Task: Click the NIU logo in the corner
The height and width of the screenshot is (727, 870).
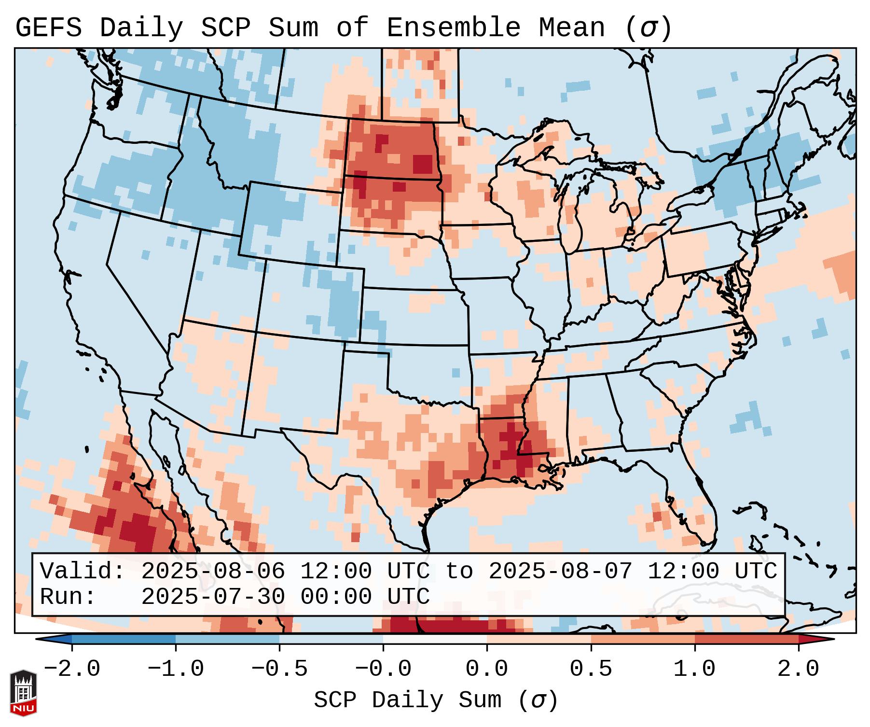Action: tap(23, 692)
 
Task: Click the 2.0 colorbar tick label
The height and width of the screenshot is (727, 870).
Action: tap(798, 669)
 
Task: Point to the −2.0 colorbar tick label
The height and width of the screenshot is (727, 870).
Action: tap(72, 669)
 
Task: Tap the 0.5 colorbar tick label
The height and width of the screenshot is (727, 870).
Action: tap(591, 669)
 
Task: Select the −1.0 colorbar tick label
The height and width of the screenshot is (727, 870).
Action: tap(176, 669)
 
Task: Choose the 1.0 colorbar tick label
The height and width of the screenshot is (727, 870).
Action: tap(694, 669)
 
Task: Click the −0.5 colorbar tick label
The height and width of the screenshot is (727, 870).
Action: tap(279, 669)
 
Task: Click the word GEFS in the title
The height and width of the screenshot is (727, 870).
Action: tap(49, 28)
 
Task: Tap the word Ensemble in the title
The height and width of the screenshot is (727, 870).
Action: tap(454, 28)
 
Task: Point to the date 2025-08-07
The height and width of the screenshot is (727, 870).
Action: tap(560, 572)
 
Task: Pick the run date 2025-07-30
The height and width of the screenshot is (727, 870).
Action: tap(213, 597)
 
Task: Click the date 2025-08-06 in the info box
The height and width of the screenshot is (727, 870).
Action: tap(213, 572)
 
